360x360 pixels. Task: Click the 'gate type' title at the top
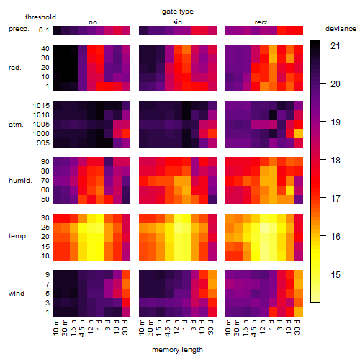tap(178, 12)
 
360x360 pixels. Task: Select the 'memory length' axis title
tap(177, 350)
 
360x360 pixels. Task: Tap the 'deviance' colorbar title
tap(341, 29)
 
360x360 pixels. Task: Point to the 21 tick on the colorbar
tap(336, 45)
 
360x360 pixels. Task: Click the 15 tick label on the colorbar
tap(336, 274)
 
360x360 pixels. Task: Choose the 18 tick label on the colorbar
tap(336, 160)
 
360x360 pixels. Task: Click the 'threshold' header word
tap(40, 17)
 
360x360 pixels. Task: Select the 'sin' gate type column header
tap(177, 22)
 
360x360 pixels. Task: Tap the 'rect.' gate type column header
tap(262, 22)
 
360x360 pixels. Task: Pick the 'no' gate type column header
tap(93, 22)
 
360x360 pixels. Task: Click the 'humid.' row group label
tap(20, 181)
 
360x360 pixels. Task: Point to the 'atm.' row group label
tap(16, 125)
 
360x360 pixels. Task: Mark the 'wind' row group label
tap(17, 294)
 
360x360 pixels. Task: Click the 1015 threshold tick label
tap(41, 106)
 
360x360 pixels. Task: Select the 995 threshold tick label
tap(43, 143)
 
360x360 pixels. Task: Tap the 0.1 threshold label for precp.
tap(44, 30)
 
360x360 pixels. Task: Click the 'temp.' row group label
tap(18, 236)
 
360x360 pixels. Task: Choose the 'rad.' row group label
tap(15, 68)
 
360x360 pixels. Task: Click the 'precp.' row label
tap(19, 29)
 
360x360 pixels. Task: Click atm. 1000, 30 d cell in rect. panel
tap(299, 134)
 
